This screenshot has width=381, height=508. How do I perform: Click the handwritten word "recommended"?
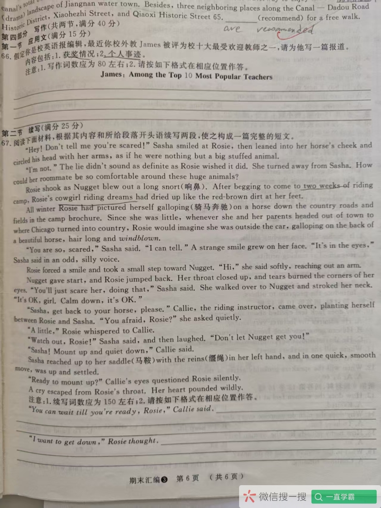[285, 30]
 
